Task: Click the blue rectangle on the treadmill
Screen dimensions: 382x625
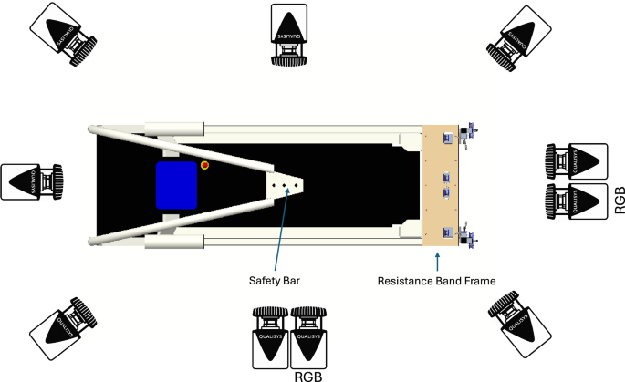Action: point(178,185)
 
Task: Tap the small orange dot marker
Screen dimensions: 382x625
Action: point(205,165)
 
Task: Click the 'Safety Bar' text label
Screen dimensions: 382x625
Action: point(276,281)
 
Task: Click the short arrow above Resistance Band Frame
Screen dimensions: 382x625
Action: point(439,263)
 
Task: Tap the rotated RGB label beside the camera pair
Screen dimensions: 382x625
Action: point(620,200)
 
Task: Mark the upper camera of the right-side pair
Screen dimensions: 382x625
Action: point(575,162)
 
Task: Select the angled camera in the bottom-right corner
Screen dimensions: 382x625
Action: point(516,316)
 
